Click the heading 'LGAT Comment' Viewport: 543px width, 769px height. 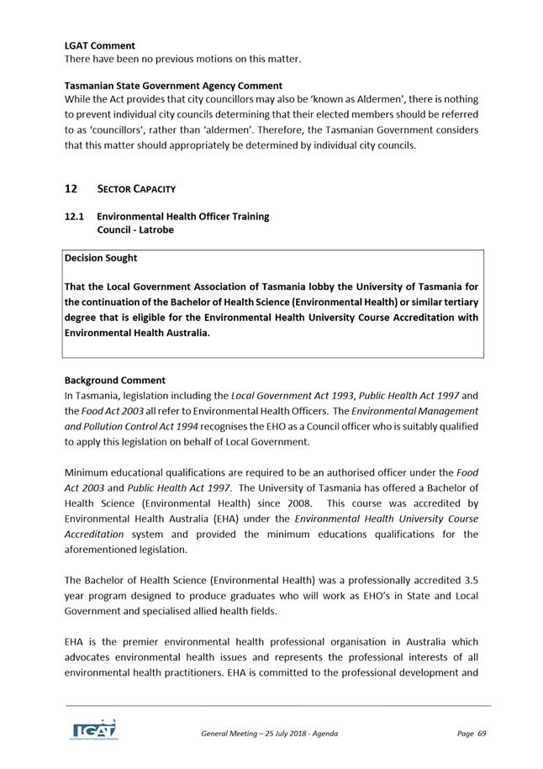pos(99,45)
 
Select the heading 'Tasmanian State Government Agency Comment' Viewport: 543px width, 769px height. pos(173,86)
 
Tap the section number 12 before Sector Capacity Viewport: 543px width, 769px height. pos(71,188)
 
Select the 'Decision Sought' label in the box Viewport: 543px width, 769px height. pos(101,258)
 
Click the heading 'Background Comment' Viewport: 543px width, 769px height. pos(115,380)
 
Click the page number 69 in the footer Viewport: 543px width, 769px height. pos(482,734)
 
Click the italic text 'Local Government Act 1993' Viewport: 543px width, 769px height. pos(292,395)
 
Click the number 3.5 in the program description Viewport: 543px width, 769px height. pos(471,580)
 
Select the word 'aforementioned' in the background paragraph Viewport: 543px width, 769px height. pos(105,549)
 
